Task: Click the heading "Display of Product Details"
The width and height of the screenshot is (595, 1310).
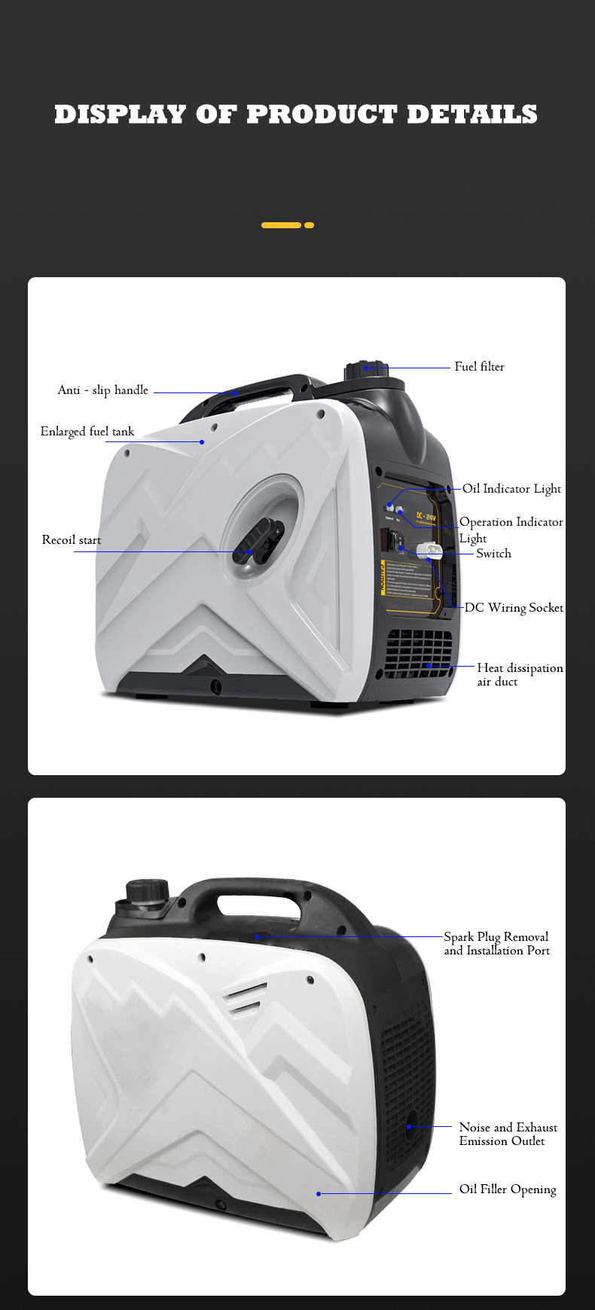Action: click(296, 115)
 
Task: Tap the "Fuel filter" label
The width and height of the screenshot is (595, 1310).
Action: click(479, 367)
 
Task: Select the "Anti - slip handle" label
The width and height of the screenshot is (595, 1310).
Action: click(103, 390)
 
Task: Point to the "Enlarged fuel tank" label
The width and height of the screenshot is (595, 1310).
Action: click(87, 432)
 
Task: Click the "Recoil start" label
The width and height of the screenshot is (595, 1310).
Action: click(72, 540)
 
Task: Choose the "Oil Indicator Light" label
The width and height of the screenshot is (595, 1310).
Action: click(511, 489)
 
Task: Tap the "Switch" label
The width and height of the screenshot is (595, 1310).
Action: click(493, 554)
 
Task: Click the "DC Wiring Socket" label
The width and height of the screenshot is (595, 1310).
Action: click(514, 608)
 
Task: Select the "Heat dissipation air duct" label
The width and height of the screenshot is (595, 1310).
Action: click(519, 674)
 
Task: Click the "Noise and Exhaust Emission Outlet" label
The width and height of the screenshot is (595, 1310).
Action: click(508, 1134)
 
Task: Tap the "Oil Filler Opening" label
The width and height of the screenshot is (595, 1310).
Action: click(508, 1189)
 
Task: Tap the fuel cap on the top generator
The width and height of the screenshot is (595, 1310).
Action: click(366, 370)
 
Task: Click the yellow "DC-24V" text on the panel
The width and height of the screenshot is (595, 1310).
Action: click(426, 518)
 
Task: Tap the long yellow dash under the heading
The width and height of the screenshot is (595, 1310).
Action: click(281, 225)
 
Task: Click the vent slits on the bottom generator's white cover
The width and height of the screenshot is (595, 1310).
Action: click(245, 998)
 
